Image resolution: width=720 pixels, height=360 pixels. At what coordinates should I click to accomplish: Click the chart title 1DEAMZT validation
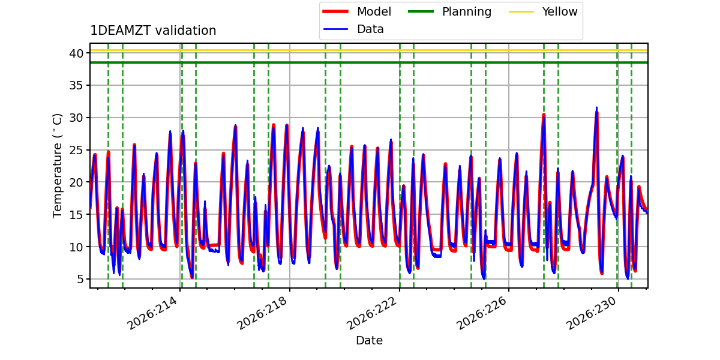click(153, 31)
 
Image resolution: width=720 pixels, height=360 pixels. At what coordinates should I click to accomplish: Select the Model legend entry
click(357, 11)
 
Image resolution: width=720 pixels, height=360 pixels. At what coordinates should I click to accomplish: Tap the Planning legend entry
click(449, 11)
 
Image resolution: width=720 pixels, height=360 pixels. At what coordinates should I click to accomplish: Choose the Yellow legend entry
click(543, 11)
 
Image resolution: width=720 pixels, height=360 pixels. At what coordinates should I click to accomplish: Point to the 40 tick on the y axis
click(77, 53)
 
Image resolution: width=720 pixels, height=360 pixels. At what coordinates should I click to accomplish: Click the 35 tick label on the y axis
click(77, 85)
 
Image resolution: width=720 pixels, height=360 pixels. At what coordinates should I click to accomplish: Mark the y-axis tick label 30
click(77, 118)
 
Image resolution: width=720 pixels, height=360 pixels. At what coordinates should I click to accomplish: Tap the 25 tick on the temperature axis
click(77, 150)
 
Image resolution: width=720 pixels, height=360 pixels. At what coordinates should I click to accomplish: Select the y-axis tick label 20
click(77, 182)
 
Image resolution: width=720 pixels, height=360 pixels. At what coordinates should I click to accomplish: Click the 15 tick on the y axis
click(77, 215)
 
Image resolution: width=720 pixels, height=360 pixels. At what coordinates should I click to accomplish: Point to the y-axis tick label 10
click(77, 247)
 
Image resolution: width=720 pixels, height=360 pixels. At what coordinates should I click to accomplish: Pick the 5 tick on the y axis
click(80, 280)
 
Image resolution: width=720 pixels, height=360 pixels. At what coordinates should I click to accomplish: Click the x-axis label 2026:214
click(152, 313)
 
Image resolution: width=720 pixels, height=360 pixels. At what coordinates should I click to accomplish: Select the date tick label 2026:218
click(262, 313)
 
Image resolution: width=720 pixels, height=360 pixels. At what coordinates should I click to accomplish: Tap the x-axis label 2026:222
click(372, 313)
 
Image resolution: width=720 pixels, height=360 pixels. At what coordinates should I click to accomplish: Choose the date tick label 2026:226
click(481, 313)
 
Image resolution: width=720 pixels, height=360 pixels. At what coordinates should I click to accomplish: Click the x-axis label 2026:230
click(591, 313)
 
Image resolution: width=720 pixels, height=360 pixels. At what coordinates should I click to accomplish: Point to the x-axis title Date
click(369, 340)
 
